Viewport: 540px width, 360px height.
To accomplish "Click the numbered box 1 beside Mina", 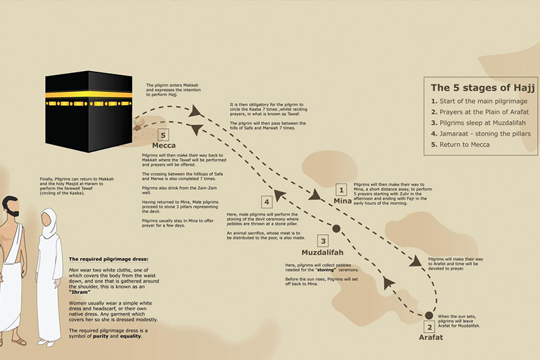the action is coord(341,190).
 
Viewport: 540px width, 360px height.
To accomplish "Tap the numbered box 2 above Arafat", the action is coord(429,327).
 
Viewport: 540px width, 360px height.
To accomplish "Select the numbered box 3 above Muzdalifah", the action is coord(323,241).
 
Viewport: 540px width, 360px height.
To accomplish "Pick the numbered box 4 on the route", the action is coord(267,202).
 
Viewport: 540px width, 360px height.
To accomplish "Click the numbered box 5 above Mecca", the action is coord(163,135).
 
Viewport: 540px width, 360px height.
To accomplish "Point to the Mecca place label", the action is coord(163,145).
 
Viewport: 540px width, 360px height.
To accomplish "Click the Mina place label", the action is coord(342,201).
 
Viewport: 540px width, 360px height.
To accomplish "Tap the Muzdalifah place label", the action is coord(322,252).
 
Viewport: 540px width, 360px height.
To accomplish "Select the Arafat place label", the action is coord(431,337).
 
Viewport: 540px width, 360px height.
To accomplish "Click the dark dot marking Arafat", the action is coord(429,316).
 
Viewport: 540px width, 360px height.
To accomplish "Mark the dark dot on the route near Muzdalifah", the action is coord(337,229).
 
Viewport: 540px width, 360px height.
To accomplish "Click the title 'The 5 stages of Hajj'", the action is coord(482,88).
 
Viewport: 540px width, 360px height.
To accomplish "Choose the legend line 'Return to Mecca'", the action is coord(460,145).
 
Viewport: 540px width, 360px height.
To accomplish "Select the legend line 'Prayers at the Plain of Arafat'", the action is coord(480,112).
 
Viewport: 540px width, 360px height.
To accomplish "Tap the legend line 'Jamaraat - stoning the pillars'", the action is coord(481,133).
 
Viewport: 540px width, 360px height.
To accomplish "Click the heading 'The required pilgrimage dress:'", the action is coord(109,259).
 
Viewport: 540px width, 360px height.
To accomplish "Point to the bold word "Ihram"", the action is coord(79,292).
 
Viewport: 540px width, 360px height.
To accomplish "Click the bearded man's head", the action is coord(10,206).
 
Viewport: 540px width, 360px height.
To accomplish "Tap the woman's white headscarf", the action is coord(50,222).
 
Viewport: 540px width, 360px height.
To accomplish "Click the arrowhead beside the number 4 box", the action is coord(280,195).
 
